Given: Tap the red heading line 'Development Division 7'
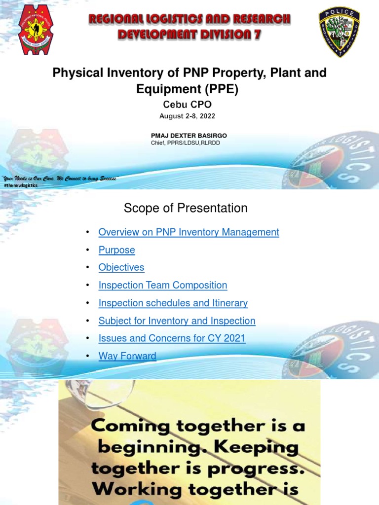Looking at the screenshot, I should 189,35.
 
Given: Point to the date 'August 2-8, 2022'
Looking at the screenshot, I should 187,116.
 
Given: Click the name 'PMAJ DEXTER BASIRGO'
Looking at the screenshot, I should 189,136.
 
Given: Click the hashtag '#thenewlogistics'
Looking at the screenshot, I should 21,185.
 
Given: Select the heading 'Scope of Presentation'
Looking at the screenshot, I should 186,209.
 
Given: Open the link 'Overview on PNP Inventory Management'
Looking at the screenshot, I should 189,232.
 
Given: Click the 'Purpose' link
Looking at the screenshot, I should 116,250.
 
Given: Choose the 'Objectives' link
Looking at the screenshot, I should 121,267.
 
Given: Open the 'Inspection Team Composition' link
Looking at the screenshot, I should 163,285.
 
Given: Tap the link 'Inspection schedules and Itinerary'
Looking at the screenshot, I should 173,303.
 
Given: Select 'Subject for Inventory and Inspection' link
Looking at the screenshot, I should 177,321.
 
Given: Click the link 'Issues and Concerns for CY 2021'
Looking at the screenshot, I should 172,338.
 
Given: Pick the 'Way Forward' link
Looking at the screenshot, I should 127,356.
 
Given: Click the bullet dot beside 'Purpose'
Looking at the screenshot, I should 87,250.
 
